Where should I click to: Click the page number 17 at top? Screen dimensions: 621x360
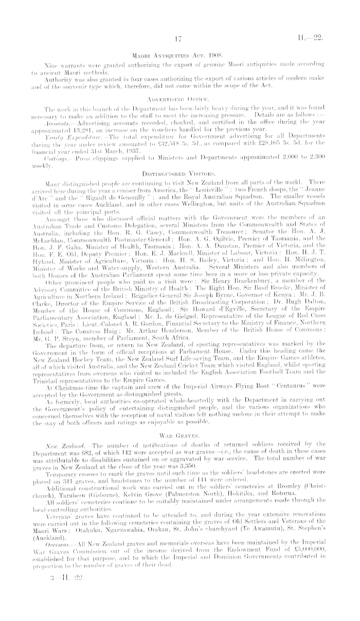(179, 38)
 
